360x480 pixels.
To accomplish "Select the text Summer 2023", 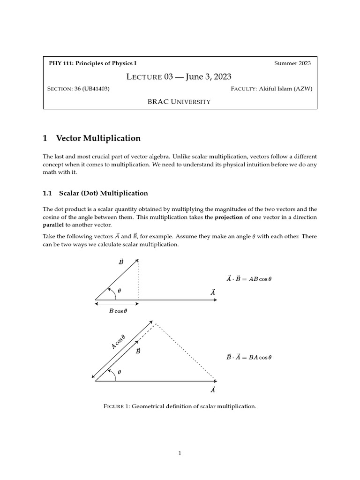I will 292,63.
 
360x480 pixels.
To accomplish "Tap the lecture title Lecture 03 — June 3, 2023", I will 180,76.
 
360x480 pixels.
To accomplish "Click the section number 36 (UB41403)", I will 92,89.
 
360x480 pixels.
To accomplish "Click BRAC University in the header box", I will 180,101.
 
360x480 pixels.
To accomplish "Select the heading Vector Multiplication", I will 98,138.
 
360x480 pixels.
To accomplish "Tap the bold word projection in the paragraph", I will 229,217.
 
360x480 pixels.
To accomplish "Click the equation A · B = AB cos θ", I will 248,279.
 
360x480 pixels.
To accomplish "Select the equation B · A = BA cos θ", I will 248,357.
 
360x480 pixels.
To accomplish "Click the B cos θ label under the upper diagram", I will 118,311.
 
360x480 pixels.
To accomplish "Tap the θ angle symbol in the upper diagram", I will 120,291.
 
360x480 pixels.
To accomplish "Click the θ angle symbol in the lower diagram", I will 120,372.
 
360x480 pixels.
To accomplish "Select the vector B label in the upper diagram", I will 120,262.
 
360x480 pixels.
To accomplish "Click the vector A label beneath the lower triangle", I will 213,390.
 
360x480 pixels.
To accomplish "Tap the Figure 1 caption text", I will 180,406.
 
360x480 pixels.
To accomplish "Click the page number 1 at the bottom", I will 180,453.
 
